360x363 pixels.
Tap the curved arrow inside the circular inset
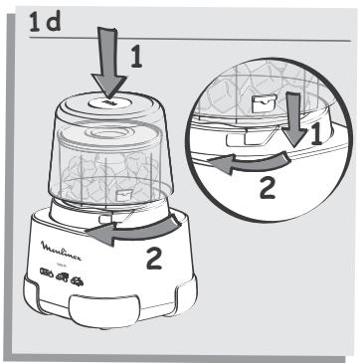click(249, 168)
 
